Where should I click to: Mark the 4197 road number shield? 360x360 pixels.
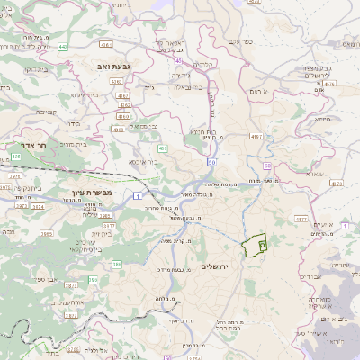(256, 137)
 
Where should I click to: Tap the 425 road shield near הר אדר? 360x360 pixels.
(16, 157)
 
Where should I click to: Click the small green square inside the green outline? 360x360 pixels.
(262, 242)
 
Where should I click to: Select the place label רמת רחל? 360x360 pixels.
(220, 329)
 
